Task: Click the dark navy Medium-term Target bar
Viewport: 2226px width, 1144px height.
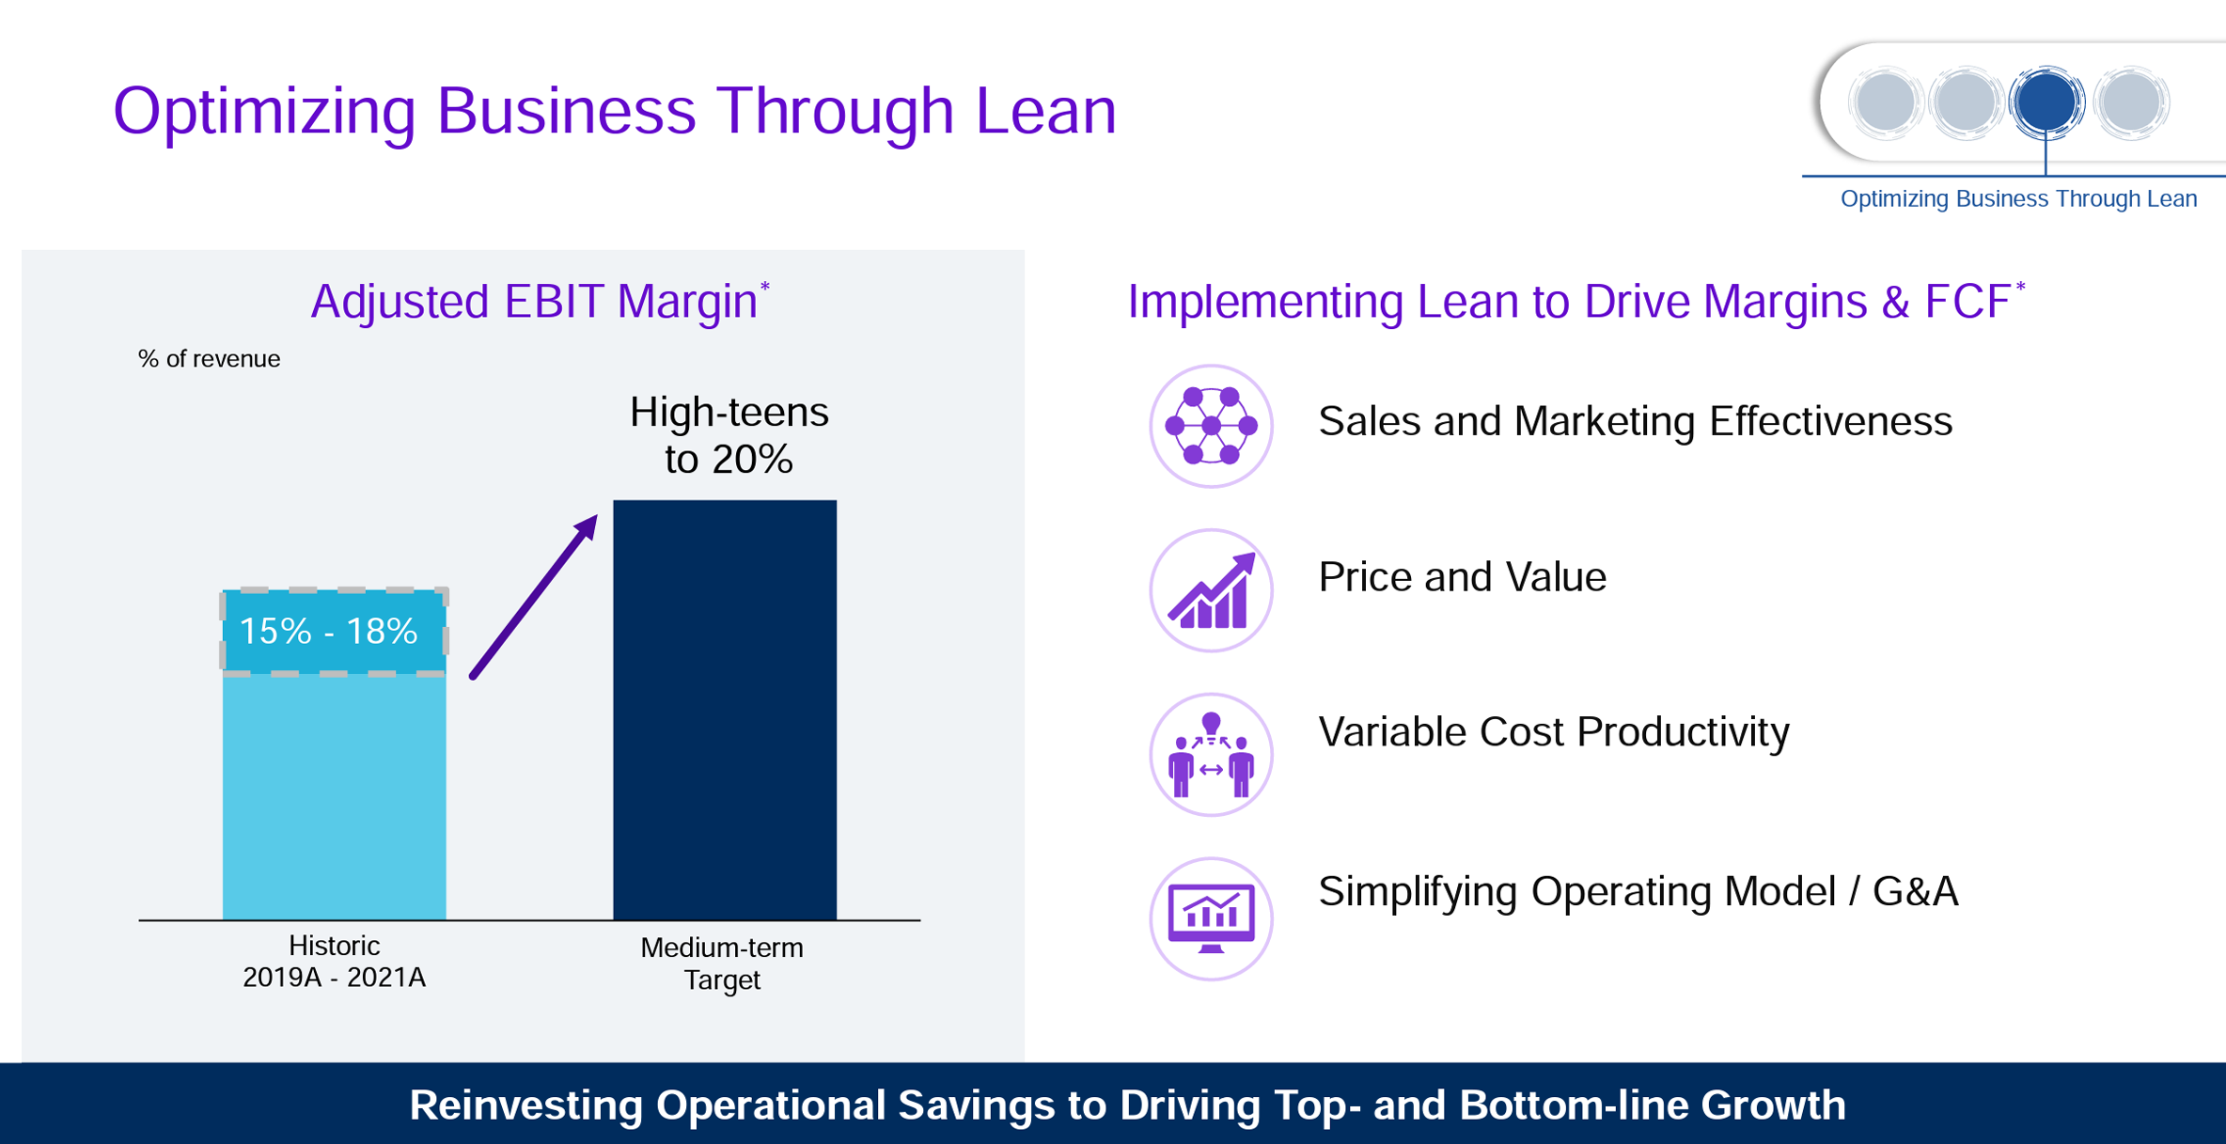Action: [725, 710]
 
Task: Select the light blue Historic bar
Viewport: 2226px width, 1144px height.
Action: [334, 754]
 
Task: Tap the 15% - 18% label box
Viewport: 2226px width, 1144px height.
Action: [334, 632]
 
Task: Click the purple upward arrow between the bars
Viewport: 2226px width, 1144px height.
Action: [534, 596]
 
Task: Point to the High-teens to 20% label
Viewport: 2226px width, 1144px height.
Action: [729, 435]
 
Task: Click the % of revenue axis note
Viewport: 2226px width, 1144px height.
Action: [209, 359]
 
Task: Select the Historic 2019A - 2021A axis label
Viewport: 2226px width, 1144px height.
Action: [334, 962]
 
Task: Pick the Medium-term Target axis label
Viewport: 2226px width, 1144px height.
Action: [722, 964]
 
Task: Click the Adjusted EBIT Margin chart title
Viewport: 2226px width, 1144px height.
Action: [540, 302]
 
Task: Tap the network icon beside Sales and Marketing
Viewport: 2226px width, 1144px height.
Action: [1211, 426]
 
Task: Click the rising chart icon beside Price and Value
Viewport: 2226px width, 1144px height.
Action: [1211, 590]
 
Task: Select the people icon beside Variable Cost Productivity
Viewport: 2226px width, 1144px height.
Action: [1211, 755]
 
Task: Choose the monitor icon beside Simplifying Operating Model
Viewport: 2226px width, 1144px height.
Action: [1211, 918]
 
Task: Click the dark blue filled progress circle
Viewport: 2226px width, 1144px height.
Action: [2046, 102]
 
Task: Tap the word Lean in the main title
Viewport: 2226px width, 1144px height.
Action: [1045, 111]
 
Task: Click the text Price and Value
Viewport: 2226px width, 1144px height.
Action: [1462, 577]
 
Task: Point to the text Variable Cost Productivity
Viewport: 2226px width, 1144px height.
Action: [1554, 732]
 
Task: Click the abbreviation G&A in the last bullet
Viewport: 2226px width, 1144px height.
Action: [1916, 891]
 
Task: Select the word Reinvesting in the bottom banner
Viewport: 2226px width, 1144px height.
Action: [526, 1105]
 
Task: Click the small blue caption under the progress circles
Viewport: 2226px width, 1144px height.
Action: [2018, 199]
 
